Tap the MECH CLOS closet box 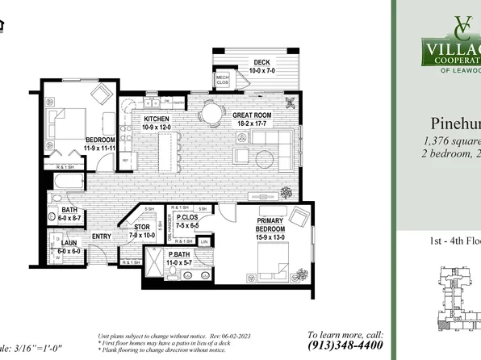pos(223,79)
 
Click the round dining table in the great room pos(212,115)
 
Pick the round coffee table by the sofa pos(240,156)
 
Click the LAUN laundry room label pos(67,246)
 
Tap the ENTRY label pos(102,237)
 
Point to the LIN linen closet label pos(204,241)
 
